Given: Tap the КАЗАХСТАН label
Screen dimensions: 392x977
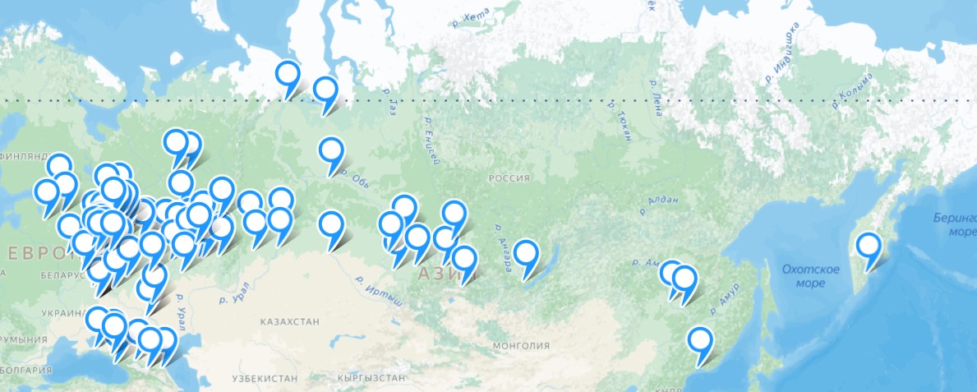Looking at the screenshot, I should click(x=290, y=321).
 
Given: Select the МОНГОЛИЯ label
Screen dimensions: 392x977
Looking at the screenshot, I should click(x=520, y=346).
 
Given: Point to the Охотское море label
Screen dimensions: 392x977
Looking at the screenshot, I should click(x=810, y=276).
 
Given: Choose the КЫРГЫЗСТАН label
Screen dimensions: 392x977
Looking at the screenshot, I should click(x=371, y=378).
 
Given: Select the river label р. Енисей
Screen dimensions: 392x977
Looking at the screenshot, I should click(x=430, y=141).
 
